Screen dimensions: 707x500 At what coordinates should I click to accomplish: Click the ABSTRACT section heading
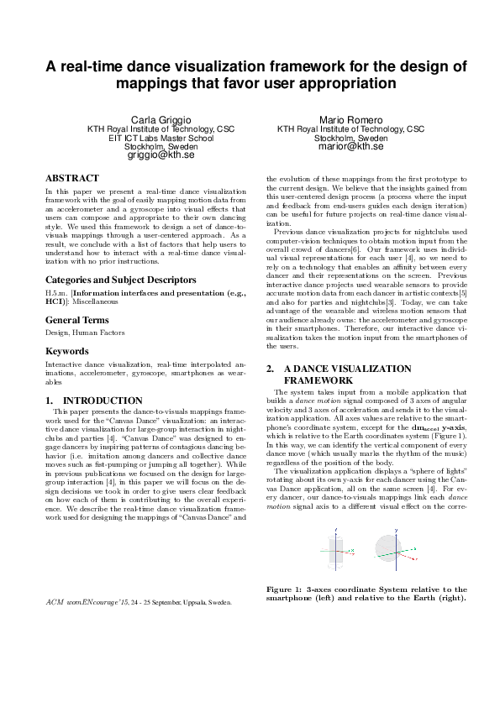click(71, 179)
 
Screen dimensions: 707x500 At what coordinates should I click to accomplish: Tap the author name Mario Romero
click(350, 120)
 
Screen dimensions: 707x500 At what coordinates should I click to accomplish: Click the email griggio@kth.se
click(161, 155)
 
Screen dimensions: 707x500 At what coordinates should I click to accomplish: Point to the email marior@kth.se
click(350, 146)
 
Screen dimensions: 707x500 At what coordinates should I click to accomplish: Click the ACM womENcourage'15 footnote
click(139, 602)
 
